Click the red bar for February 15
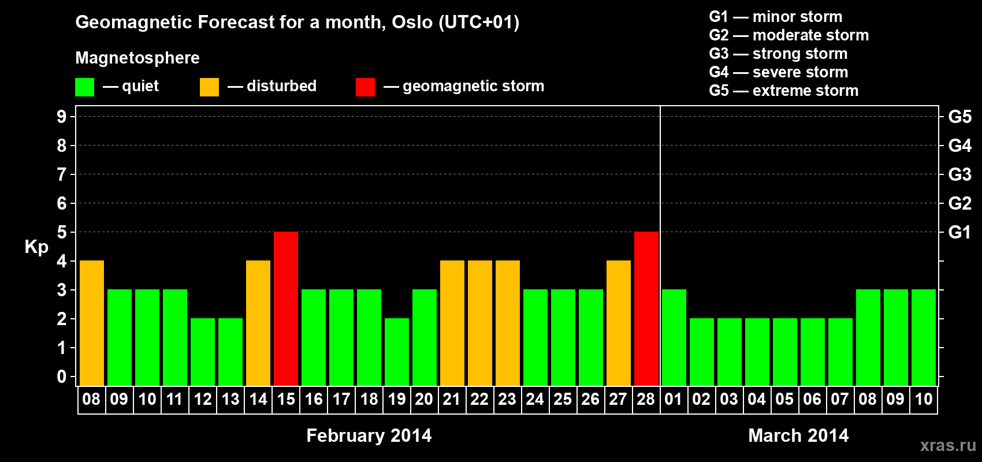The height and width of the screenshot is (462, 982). click(x=286, y=308)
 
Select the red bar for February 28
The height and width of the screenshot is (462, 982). click(x=646, y=308)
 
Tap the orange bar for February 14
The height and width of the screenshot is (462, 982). click(x=258, y=323)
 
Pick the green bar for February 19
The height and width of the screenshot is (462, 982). click(x=397, y=352)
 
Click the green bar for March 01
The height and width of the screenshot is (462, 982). click(x=674, y=337)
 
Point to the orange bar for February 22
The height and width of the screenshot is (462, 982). click(x=480, y=323)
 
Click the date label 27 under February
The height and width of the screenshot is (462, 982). click(x=618, y=399)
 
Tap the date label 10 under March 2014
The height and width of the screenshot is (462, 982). click(x=923, y=399)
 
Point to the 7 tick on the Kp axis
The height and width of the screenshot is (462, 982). click(x=61, y=174)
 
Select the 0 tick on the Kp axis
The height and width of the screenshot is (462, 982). click(x=61, y=377)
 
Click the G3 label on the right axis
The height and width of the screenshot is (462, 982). click(x=959, y=174)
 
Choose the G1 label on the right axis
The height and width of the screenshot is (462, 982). click(x=959, y=232)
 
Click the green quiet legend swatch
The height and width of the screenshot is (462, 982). click(x=84, y=87)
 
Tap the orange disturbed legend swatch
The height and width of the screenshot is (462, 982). click(x=209, y=87)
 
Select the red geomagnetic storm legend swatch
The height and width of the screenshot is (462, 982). click(x=366, y=87)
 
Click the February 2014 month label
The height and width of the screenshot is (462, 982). click(x=369, y=435)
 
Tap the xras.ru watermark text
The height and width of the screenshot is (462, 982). click(x=948, y=446)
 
